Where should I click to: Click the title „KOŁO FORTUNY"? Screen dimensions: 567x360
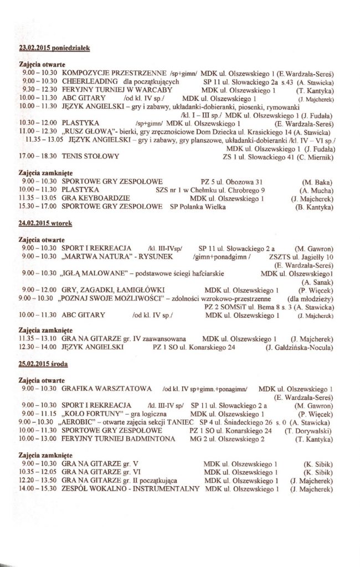tap(88, 414)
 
